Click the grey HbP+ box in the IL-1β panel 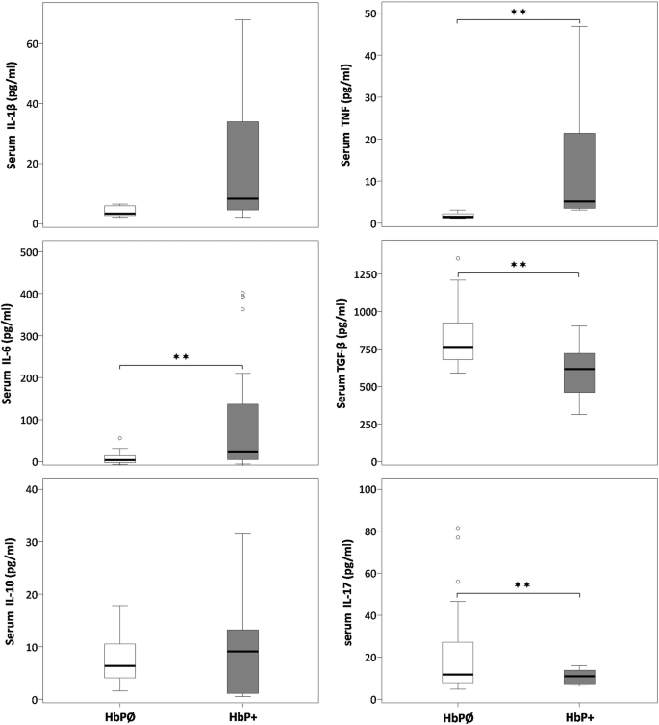click(x=242, y=164)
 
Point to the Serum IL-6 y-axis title click(x=14, y=353)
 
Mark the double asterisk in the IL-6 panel click(x=181, y=358)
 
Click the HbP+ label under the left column click(x=242, y=716)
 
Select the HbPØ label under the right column click(x=457, y=716)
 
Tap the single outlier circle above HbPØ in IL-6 click(x=120, y=438)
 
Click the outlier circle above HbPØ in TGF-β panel click(x=457, y=258)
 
